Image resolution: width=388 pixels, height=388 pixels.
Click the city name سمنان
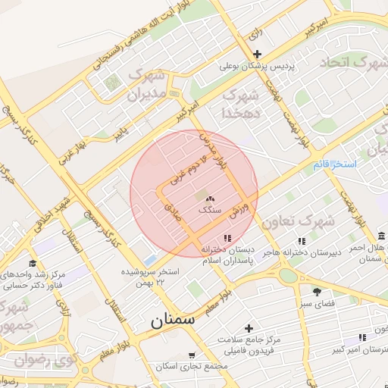[172, 320]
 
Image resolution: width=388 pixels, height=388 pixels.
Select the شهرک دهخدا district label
[240, 104]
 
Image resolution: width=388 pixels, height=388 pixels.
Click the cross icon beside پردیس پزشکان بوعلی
[258, 54]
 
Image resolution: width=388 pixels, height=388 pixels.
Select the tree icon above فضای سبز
[317, 291]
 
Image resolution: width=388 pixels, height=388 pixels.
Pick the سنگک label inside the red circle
[209, 209]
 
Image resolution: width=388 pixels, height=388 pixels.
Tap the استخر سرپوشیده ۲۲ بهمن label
[152, 276]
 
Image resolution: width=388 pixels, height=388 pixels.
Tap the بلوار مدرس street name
[214, 151]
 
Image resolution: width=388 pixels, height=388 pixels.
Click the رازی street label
[255, 33]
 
